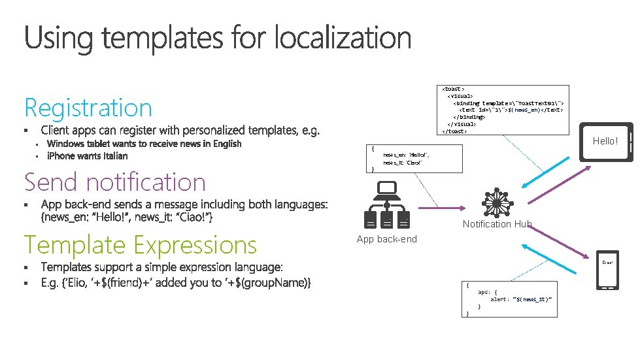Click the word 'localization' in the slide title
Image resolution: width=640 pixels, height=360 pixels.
(343, 38)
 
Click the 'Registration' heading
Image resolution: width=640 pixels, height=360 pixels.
(88, 108)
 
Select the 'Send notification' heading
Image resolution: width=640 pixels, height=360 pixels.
(115, 182)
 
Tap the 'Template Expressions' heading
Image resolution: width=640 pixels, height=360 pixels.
(141, 245)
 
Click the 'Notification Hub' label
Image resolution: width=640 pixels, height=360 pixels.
(497, 224)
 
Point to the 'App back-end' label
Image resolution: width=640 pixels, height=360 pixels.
(386, 239)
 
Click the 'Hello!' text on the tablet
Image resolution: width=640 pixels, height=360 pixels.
(605, 141)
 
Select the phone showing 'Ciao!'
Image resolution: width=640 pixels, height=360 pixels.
(608, 270)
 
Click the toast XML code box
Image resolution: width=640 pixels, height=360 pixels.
(503, 109)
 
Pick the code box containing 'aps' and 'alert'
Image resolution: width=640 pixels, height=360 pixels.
(510, 299)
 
